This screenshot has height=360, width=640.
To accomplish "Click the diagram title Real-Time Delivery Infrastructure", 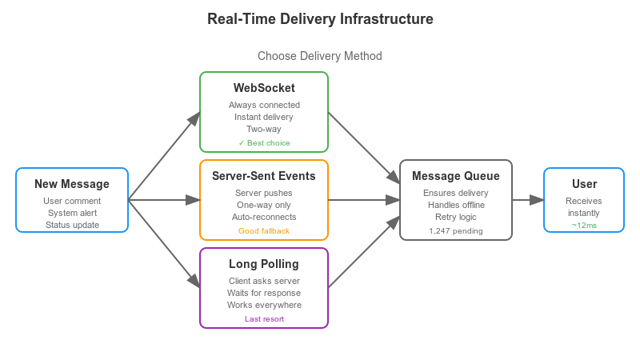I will (320, 19).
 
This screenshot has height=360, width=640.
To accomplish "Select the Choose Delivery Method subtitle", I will (320, 56).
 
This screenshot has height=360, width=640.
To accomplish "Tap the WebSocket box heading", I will (264, 88).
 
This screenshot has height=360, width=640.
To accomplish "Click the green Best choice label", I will (264, 143).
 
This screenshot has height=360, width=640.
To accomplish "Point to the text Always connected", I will (264, 105).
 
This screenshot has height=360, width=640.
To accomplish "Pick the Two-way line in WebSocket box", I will (264, 128).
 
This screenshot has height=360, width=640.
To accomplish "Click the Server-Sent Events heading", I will (264, 176).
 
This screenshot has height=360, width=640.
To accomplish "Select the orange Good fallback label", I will (264, 231).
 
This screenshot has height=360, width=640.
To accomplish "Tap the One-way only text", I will (264, 205).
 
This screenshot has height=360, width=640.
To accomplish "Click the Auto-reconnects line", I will (264, 217).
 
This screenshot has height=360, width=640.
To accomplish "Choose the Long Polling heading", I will (264, 264).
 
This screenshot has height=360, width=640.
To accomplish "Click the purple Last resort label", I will (264, 319).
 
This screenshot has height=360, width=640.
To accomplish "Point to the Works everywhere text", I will (264, 305).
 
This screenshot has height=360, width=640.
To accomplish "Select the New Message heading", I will (72, 184).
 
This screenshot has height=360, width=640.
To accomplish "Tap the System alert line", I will (72, 213).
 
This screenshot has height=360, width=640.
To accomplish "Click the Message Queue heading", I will (456, 176).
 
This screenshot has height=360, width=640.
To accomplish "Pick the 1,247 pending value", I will (456, 231).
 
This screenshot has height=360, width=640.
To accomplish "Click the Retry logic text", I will (456, 217).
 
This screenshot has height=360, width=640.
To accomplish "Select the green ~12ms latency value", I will (584, 226).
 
